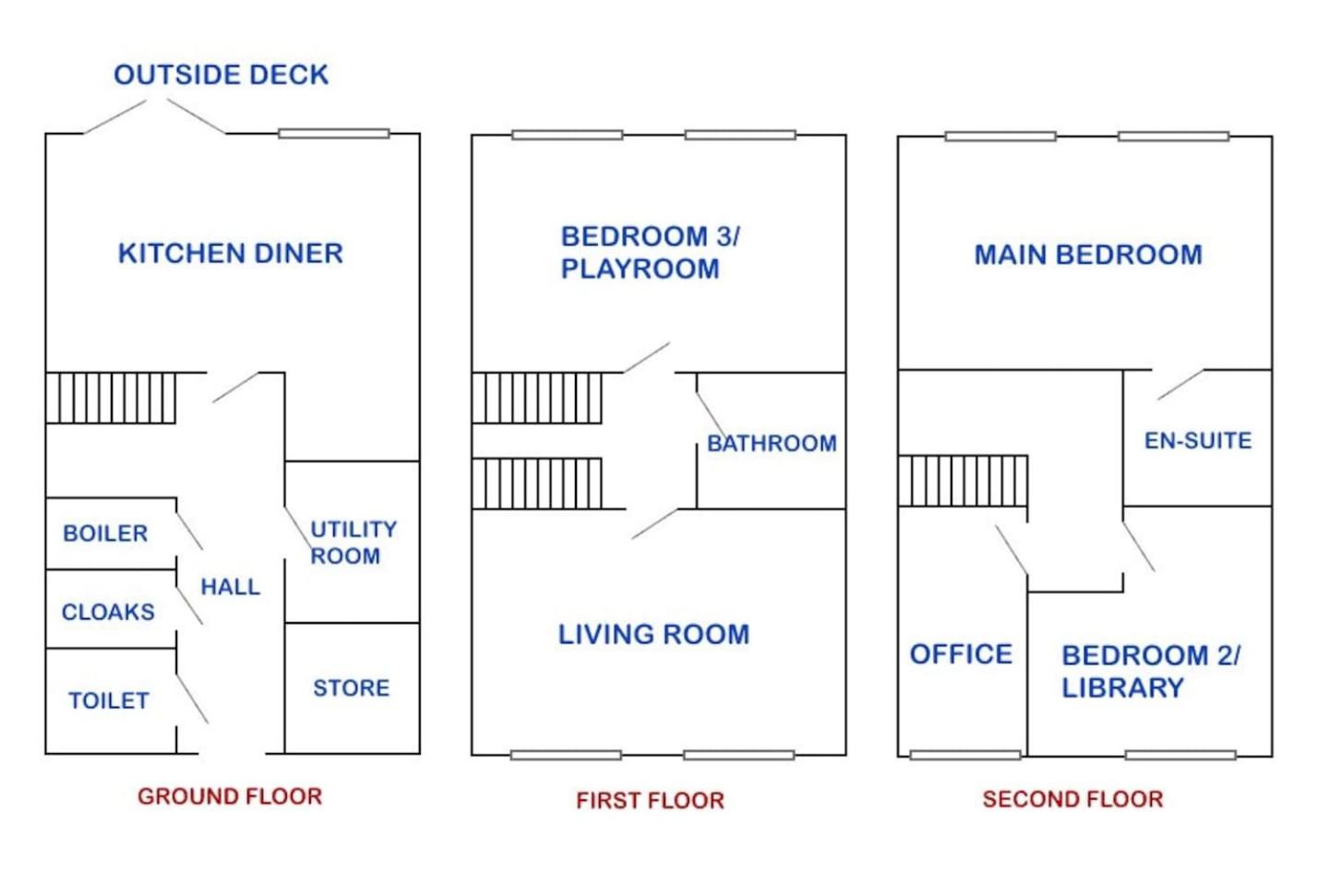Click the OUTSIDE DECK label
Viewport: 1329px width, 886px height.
pos(221,75)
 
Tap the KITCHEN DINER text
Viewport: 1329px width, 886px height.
pos(230,254)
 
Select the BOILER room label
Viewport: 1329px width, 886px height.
pos(105,533)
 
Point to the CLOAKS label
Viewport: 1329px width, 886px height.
pos(108,612)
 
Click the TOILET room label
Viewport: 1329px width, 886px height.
pos(109,700)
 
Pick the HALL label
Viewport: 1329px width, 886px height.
pos(230,587)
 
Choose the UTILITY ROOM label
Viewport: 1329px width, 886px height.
pos(353,543)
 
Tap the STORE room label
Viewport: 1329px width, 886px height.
pos(352,688)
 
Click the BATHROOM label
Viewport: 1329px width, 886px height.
pos(772,443)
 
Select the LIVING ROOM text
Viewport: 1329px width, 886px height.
pos(653,634)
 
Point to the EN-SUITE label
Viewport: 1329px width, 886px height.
pos(1198,440)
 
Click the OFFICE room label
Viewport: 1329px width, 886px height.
pos(961,654)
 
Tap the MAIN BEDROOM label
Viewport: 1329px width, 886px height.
pos(1088,255)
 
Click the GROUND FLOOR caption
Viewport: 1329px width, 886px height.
pos(230,796)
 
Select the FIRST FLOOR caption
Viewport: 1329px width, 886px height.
pos(651,800)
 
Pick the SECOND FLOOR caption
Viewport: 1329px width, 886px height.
pos(1072,798)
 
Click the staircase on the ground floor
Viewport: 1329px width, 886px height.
pos(111,398)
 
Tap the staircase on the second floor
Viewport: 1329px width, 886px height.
pos(963,481)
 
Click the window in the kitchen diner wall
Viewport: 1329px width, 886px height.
pos(334,134)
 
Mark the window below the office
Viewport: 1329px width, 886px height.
pos(965,755)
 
